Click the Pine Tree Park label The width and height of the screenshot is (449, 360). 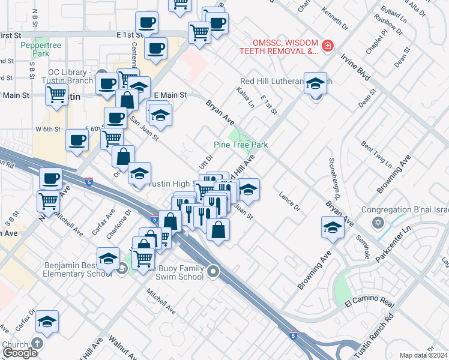click(241, 145)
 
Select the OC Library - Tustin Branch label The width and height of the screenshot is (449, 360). click(72, 77)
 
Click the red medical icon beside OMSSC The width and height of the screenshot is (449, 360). click(328, 46)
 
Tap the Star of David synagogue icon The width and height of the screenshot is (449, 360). click(378, 223)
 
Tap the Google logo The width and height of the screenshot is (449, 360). click(20, 353)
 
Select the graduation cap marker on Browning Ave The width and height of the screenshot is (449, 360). click(333, 228)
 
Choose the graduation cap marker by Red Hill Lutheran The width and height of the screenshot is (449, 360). click(315, 84)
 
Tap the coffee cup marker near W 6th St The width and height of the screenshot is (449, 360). click(77, 140)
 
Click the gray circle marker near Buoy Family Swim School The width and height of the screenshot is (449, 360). click(213, 273)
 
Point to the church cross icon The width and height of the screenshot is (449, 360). click(37, 344)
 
